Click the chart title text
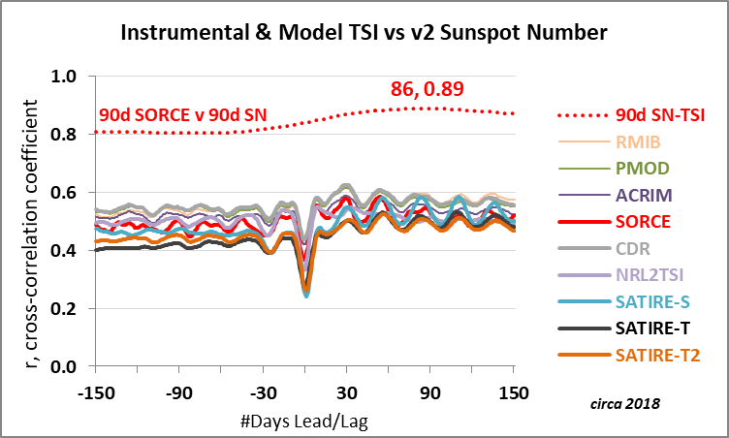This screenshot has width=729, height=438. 364,33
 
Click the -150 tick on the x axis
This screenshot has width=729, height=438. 94,393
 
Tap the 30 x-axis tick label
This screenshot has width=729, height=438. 346,393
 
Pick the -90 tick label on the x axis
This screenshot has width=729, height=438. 178,393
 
